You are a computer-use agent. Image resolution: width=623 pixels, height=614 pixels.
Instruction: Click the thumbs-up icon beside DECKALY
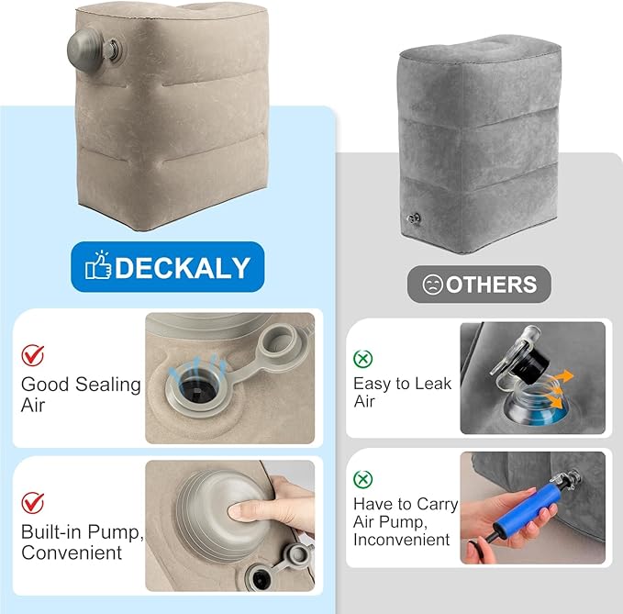tap(98, 265)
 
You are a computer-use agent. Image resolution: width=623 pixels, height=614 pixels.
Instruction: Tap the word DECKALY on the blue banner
tap(183, 267)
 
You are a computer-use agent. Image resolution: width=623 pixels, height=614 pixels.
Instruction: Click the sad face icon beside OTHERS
tap(433, 285)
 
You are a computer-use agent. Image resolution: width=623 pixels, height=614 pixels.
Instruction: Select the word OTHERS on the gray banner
tap(491, 285)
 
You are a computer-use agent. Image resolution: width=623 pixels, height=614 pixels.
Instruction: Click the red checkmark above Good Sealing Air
tap(33, 355)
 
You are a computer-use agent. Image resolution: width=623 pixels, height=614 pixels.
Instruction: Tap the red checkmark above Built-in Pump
tap(33, 503)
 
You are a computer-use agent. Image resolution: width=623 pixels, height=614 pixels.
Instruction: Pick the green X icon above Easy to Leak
tap(362, 359)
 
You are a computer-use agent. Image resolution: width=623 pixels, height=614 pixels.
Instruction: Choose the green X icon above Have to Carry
tap(362, 479)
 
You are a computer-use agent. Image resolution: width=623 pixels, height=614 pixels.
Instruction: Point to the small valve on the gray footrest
tap(414, 218)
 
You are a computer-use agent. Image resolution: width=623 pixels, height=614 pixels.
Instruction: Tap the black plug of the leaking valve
tap(531, 364)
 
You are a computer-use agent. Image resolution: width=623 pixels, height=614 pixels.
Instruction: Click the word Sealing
tap(108, 385)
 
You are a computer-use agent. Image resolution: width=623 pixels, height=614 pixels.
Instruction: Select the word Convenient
tap(72, 553)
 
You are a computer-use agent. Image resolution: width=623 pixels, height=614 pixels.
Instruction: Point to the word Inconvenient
tap(401, 540)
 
